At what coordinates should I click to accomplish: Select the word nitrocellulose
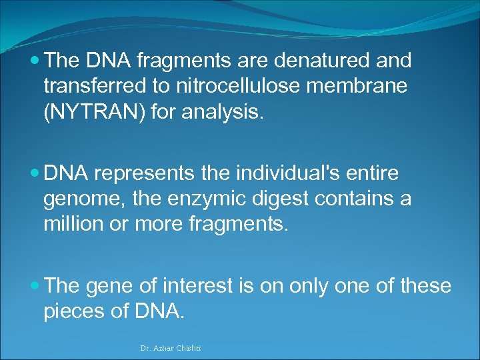tap(233, 87)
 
